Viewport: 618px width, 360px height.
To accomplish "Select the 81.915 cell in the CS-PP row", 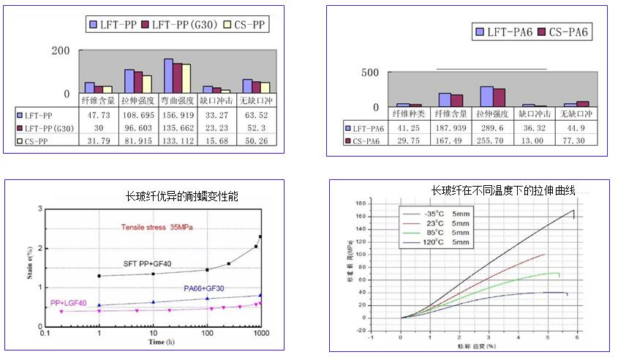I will pyautogui.click(x=137, y=141).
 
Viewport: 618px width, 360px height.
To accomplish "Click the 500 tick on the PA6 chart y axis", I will pyautogui.click(x=371, y=72).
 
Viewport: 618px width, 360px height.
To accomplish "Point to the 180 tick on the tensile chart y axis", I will pyautogui.click(x=380, y=206).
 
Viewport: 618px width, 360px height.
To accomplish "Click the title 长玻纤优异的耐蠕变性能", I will pyautogui.click(x=182, y=197).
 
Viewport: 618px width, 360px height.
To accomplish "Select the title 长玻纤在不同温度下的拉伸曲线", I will pyautogui.click(x=503, y=190).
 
